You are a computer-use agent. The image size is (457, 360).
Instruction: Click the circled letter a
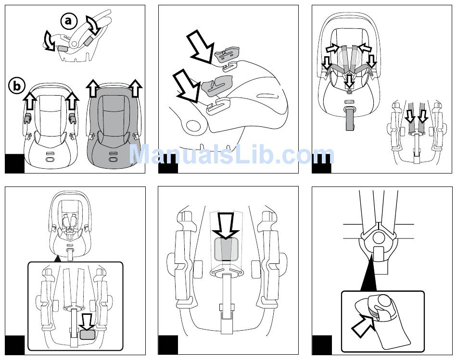69,21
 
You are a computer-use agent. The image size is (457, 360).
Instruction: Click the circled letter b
16,86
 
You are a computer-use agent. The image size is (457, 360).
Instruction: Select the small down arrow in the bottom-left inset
88,321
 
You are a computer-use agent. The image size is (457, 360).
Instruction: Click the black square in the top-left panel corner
15,163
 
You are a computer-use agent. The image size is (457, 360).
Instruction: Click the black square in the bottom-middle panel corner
168,345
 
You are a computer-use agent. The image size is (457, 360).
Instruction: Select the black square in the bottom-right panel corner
322,345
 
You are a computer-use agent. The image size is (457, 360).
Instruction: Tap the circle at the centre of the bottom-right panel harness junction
378,237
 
